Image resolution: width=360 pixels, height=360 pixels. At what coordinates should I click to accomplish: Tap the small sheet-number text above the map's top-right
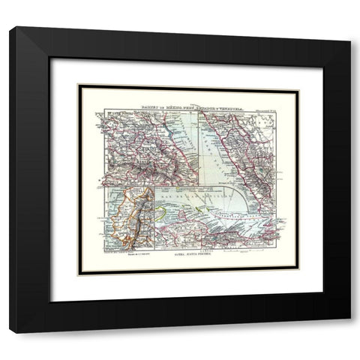[x=262, y=111]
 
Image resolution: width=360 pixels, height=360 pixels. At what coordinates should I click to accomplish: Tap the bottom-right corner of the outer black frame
[x=349, y=331]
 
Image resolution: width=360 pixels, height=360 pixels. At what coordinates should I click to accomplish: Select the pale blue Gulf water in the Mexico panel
[x=214, y=161]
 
